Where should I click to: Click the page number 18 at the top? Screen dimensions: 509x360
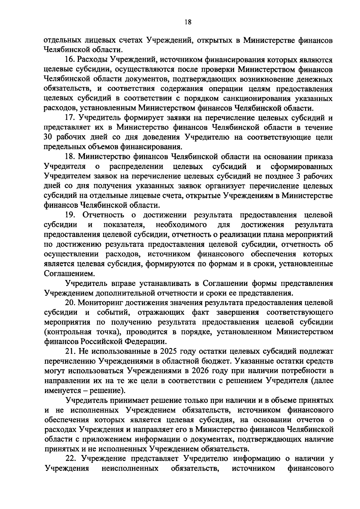[x=180, y=22]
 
